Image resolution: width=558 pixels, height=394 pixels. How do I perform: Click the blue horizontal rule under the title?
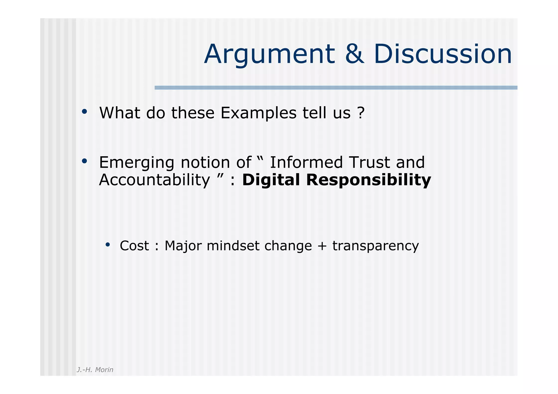pos(336,88)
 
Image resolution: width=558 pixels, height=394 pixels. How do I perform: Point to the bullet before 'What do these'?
pos(84,111)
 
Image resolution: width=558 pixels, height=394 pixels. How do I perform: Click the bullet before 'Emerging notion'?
pos(84,161)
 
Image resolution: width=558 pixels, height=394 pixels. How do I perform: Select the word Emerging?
pos(137,163)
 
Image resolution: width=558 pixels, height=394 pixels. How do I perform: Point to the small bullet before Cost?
pos(108,245)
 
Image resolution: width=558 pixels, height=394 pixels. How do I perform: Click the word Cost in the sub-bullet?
pos(134,246)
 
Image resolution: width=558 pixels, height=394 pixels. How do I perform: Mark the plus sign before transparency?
pos(322,246)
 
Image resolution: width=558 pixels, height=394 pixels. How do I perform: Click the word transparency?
pos(375,246)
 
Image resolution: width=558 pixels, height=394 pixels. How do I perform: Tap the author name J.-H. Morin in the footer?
pos(95,369)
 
